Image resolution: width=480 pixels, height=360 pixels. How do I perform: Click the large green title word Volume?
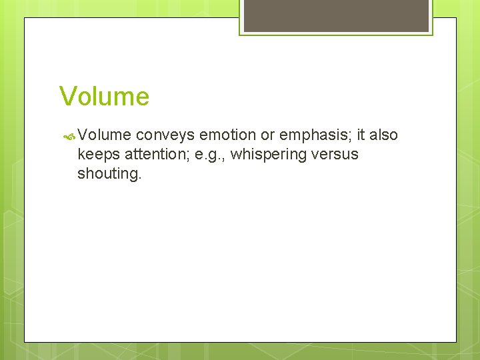(x=104, y=97)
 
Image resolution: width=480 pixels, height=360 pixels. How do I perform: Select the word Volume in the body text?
(x=104, y=135)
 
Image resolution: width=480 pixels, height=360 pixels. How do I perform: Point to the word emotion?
(x=228, y=135)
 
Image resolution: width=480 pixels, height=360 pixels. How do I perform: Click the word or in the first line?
(x=267, y=135)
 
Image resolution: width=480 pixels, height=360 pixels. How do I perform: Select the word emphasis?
(x=313, y=135)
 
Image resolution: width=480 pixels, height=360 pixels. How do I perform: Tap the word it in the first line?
(x=361, y=135)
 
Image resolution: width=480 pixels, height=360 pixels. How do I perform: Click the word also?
(x=384, y=135)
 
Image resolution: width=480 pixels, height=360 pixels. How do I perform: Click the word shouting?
(x=108, y=174)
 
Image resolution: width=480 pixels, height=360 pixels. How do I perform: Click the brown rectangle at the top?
(x=336, y=16)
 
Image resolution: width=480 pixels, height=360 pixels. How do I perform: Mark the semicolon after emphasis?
(x=351, y=137)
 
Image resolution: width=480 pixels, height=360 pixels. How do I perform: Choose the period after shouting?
(x=140, y=178)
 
